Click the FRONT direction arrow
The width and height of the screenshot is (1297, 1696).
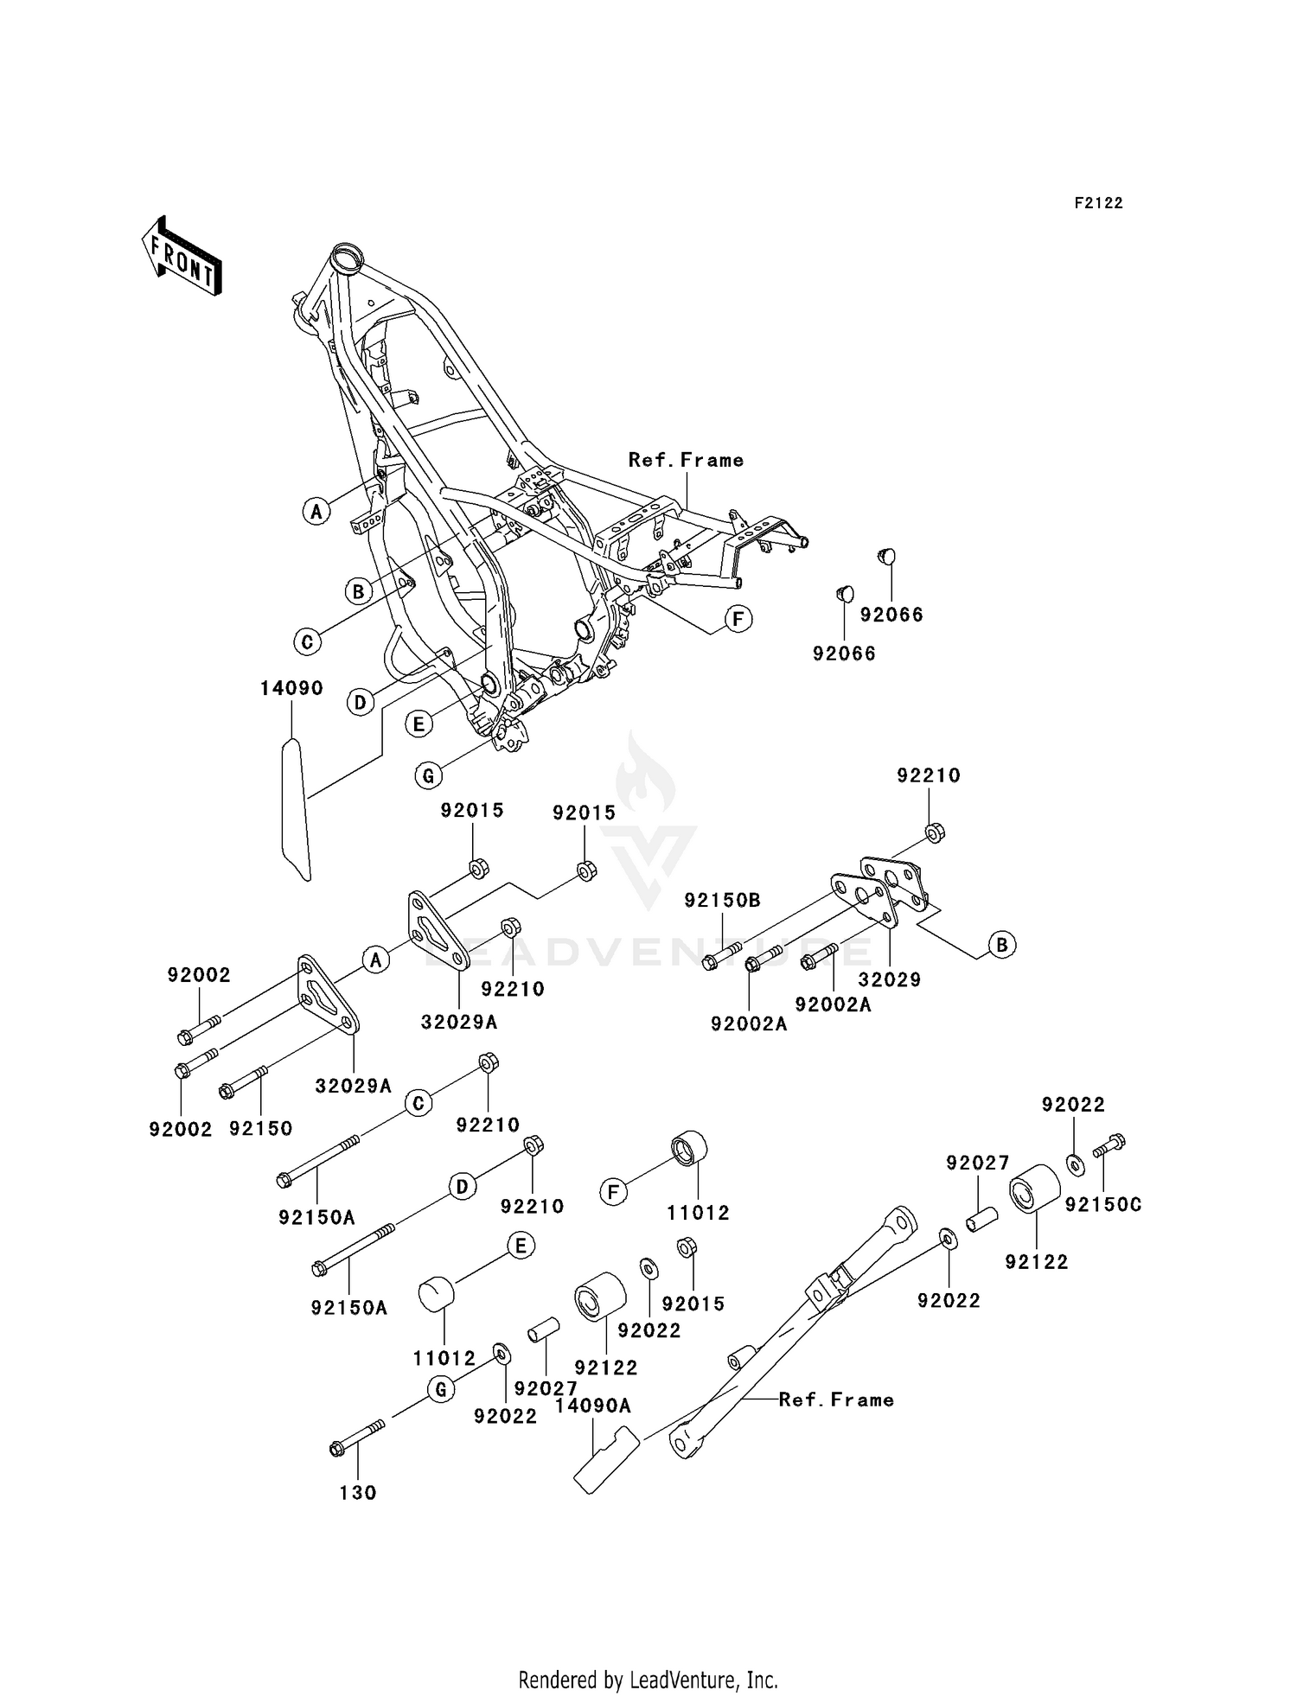(182, 258)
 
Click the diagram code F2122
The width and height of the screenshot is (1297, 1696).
(1098, 203)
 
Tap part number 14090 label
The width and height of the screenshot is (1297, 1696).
(291, 688)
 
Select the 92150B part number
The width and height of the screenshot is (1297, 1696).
(722, 900)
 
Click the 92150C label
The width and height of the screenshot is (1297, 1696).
(1102, 1204)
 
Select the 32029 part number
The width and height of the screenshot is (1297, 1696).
(889, 979)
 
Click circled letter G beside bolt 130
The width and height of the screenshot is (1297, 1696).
(441, 1389)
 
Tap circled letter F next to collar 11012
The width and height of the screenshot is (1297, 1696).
(613, 1193)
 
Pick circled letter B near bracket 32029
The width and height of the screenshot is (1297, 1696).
(1001, 944)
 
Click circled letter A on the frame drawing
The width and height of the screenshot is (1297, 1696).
(316, 511)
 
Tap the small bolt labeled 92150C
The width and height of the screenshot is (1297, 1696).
(1109, 1145)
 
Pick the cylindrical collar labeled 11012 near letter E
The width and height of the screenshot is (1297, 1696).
(437, 1295)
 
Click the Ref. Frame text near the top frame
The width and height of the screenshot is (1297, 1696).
(686, 460)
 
